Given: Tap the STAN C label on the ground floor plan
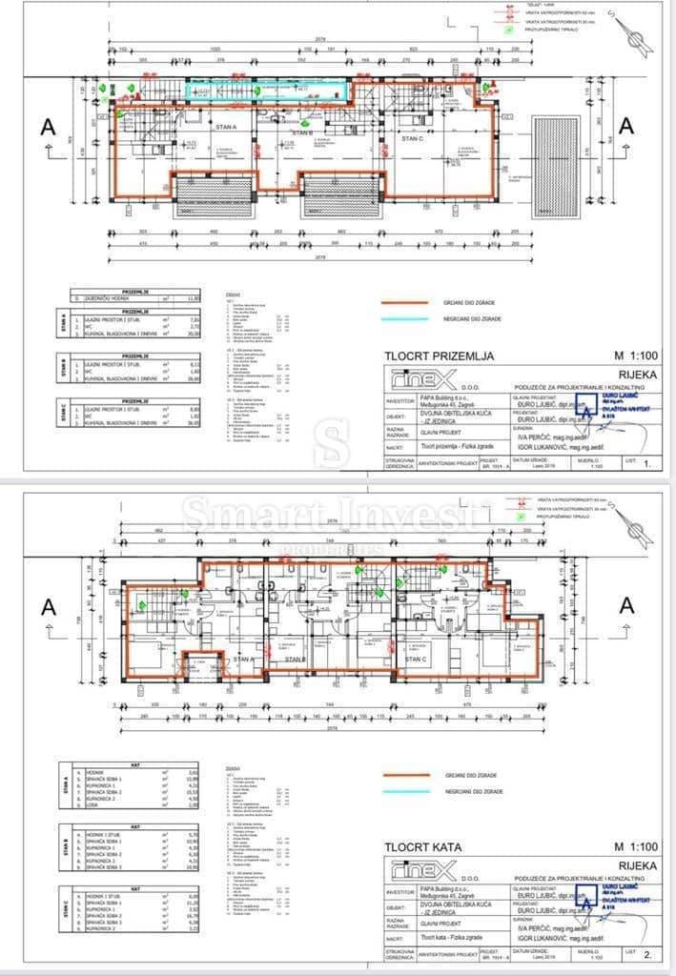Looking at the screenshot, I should [x=412, y=138].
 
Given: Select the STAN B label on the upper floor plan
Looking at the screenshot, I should [x=295, y=659].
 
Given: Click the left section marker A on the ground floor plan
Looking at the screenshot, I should [x=47, y=126].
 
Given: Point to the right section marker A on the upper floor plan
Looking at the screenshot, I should [x=625, y=605].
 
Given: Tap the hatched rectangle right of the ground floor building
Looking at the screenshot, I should [x=556, y=158].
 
